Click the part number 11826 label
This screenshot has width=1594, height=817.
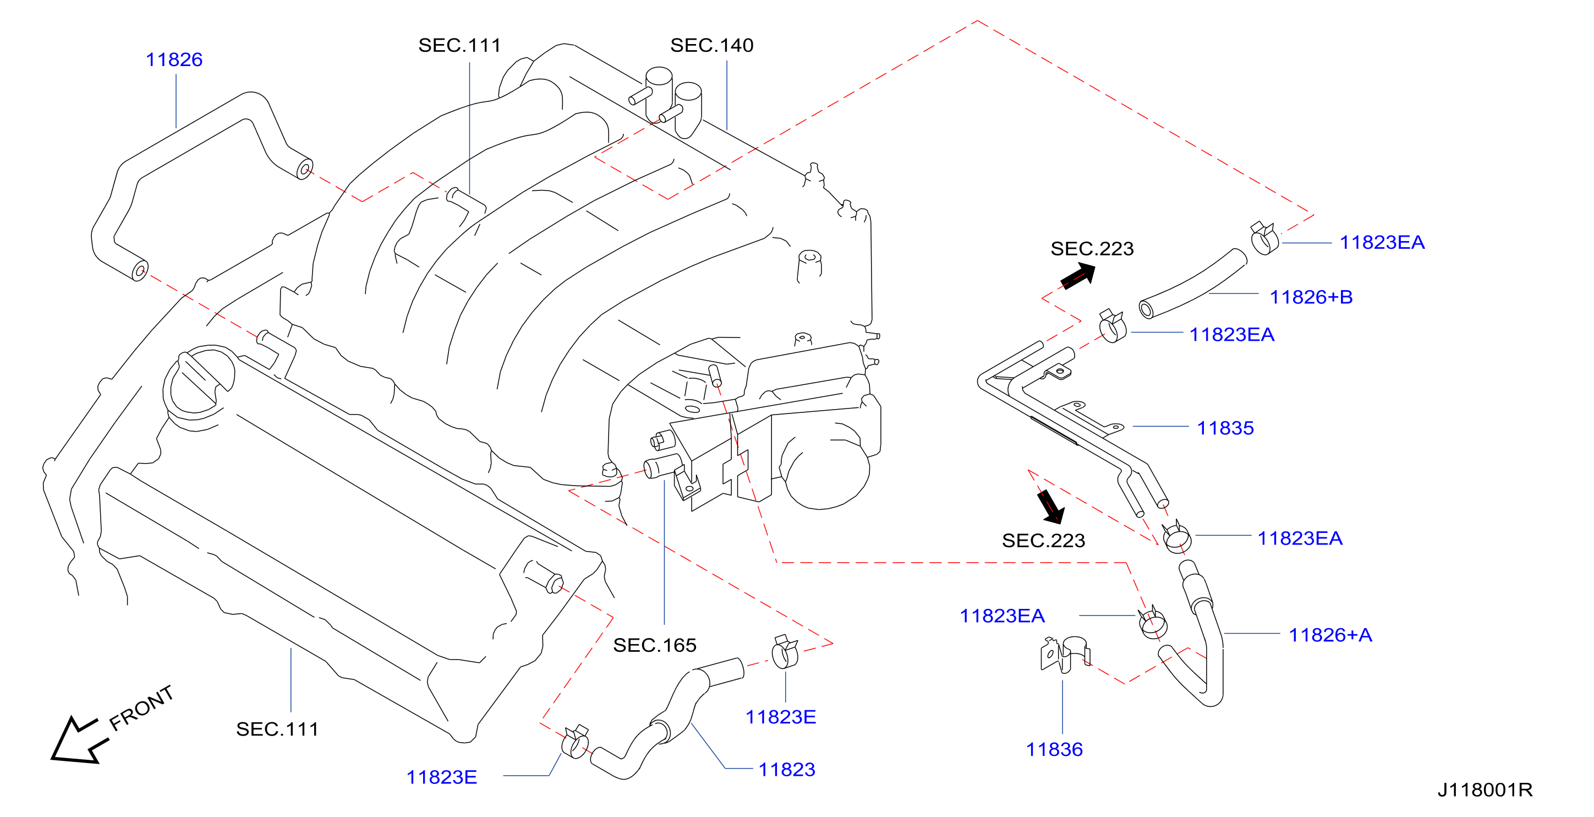(174, 59)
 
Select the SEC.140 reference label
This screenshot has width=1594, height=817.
(711, 45)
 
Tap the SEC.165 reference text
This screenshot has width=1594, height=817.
(655, 646)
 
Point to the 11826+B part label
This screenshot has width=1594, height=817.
(1311, 297)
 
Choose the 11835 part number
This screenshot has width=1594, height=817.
(1225, 428)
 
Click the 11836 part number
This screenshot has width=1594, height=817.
(1054, 749)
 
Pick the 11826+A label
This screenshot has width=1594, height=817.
(1330, 635)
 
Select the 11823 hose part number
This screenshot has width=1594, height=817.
(786, 769)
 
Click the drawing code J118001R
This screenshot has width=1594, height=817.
(1485, 790)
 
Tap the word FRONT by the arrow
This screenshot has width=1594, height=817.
(141, 708)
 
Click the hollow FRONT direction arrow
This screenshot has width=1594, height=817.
(79, 741)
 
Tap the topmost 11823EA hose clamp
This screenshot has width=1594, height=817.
(1264, 238)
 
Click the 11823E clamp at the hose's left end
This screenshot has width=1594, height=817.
(576, 742)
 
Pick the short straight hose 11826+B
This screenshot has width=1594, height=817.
(1192, 284)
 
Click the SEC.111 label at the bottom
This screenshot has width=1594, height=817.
(277, 729)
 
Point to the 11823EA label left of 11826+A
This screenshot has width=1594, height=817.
(1002, 616)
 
